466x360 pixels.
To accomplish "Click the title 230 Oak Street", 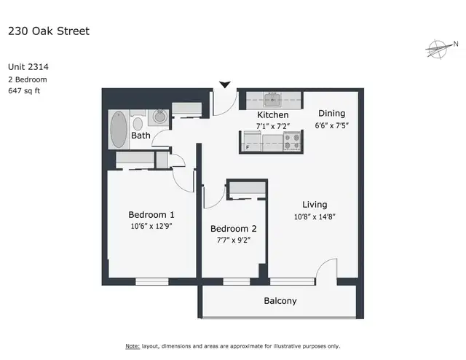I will pos(48,31).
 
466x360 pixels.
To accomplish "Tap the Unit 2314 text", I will pos(33,66).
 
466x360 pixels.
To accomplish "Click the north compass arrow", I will pos(438,50).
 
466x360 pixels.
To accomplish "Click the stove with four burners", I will pos(291,141).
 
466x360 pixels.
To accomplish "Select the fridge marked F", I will pos(252,141).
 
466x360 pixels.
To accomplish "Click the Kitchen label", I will pos(273,115).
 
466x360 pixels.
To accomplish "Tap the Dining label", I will pos(331,114).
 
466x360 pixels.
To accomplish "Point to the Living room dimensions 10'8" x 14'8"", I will pos(315,216).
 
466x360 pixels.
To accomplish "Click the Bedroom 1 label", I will pos(151,214).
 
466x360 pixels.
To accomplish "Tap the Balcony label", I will pos(280,301).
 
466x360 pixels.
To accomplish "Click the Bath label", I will pos(141,136).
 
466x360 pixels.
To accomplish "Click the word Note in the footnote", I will pos(132,345).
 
